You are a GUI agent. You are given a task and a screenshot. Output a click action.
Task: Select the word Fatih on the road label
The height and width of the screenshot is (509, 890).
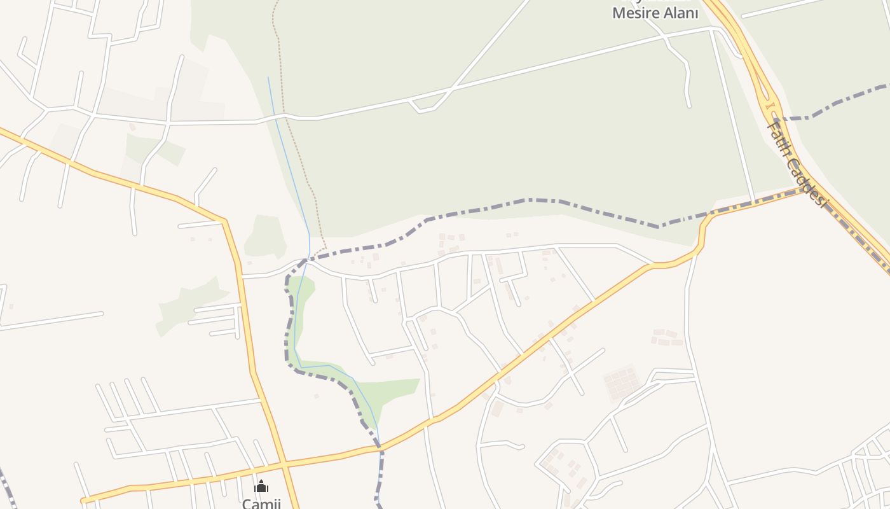pyautogui.click(x=779, y=140)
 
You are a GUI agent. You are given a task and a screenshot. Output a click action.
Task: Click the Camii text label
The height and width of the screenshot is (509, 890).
pyautogui.click(x=261, y=503)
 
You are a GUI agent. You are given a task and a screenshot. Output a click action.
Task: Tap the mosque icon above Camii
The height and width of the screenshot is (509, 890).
pyautogui.click(x=261, y=487)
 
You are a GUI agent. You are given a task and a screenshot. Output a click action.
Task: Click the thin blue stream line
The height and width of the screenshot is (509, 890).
pyautogui.click(x=289, y=159)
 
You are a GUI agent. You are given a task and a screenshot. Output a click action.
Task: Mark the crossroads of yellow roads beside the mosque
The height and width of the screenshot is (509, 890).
pyautogui.click(x=284, y=463)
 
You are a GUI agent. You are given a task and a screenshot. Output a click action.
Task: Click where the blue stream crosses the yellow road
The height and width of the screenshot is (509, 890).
pyautogui.click(x=380, y=447)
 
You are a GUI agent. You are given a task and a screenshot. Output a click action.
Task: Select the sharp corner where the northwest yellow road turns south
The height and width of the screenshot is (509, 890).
pyautogui.click(x=224, y=221)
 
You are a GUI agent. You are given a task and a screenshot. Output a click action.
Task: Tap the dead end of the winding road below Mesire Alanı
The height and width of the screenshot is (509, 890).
pyautogui.click(x=689, y=106)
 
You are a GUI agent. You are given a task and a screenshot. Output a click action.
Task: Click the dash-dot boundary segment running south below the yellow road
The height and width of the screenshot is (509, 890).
pyautogui.click(x=380, y=477)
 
